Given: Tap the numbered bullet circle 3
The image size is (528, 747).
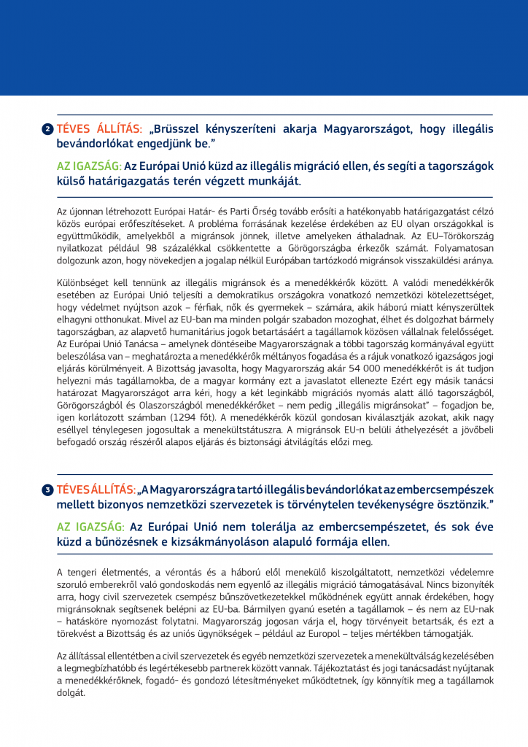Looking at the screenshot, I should tap(47, 489).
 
